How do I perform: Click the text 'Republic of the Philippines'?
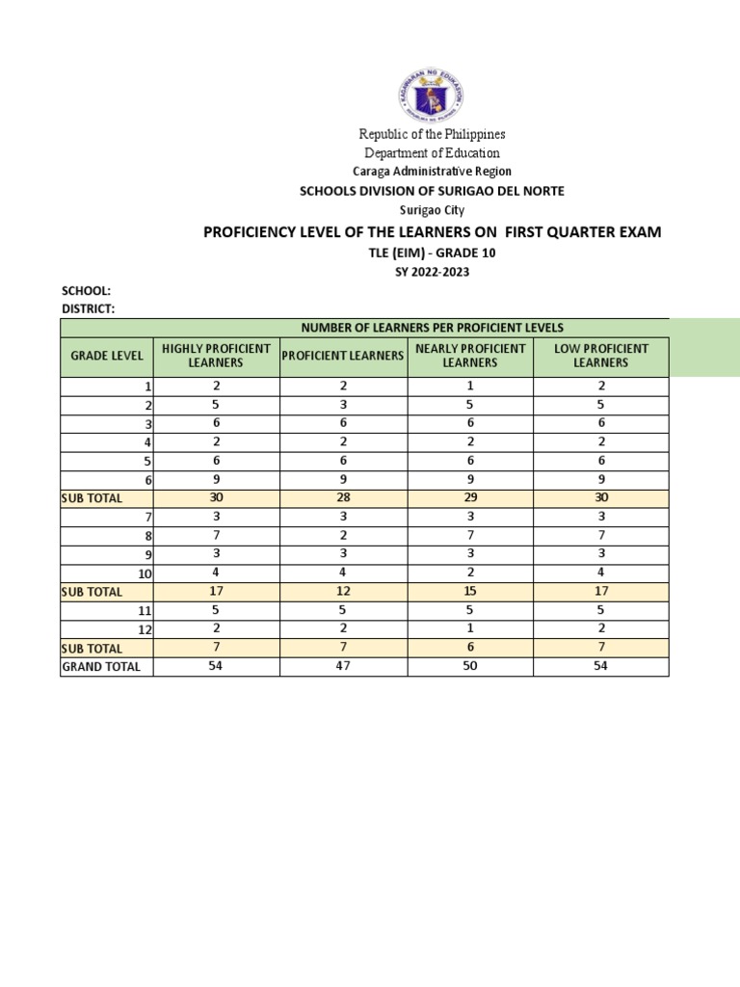[432, 134]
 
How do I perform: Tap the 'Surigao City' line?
[431, 209]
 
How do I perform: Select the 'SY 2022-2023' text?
[431, 271]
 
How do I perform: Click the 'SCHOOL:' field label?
[87, 291]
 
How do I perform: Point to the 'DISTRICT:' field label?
[88, 308]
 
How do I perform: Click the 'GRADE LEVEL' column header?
[107, 356]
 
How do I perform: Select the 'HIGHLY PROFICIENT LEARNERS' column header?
[216, 356]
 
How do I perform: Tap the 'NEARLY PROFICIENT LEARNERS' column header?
[470, 356]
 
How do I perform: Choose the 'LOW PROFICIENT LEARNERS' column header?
[600, 356]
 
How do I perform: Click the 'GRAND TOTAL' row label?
[101, 666]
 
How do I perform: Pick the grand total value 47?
[343, 666]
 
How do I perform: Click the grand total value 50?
[470, 666]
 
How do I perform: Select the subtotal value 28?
[343, 497]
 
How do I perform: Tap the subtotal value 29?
[470, 497]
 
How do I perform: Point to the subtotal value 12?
[343, 591]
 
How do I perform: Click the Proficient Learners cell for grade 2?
[343, 405]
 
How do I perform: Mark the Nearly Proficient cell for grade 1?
[470, 386]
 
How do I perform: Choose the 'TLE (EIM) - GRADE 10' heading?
[431, 253]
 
